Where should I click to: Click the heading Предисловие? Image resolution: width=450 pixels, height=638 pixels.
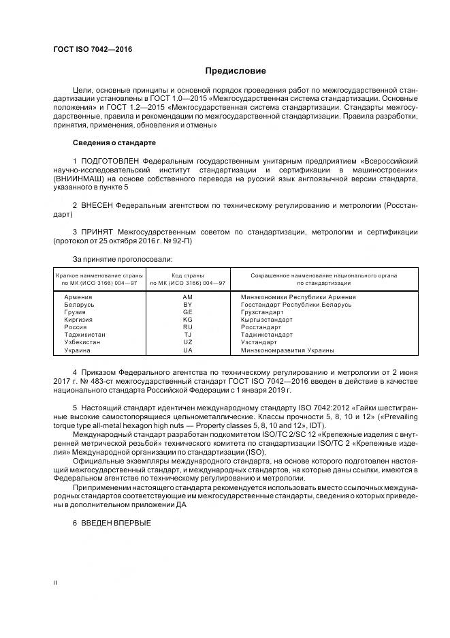(236, 71)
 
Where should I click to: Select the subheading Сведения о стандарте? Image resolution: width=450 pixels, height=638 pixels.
(114, 143)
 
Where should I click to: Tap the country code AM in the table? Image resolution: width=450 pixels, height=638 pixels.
(188, 297)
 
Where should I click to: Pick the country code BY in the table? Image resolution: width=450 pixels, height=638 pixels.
(188, 305)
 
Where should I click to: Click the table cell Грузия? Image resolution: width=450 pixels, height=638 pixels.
(76, 312)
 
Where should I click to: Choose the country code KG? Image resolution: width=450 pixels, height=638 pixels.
(188, 320)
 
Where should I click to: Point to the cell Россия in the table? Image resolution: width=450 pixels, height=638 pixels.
(76, 327)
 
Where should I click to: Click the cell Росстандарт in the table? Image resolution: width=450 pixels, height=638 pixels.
(261, 327)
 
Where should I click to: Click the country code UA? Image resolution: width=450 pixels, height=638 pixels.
(188, 350)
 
